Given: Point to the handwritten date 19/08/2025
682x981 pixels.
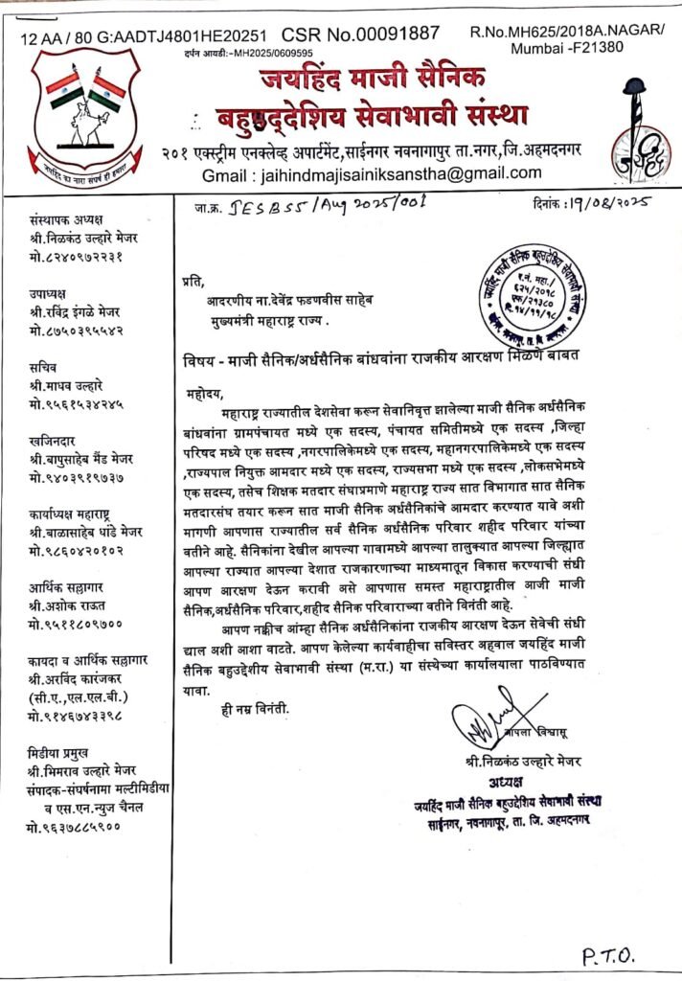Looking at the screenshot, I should click(601, 203).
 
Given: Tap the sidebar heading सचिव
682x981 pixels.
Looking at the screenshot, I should click(42, 369).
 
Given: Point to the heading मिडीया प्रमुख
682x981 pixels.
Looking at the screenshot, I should click(59, 753).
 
